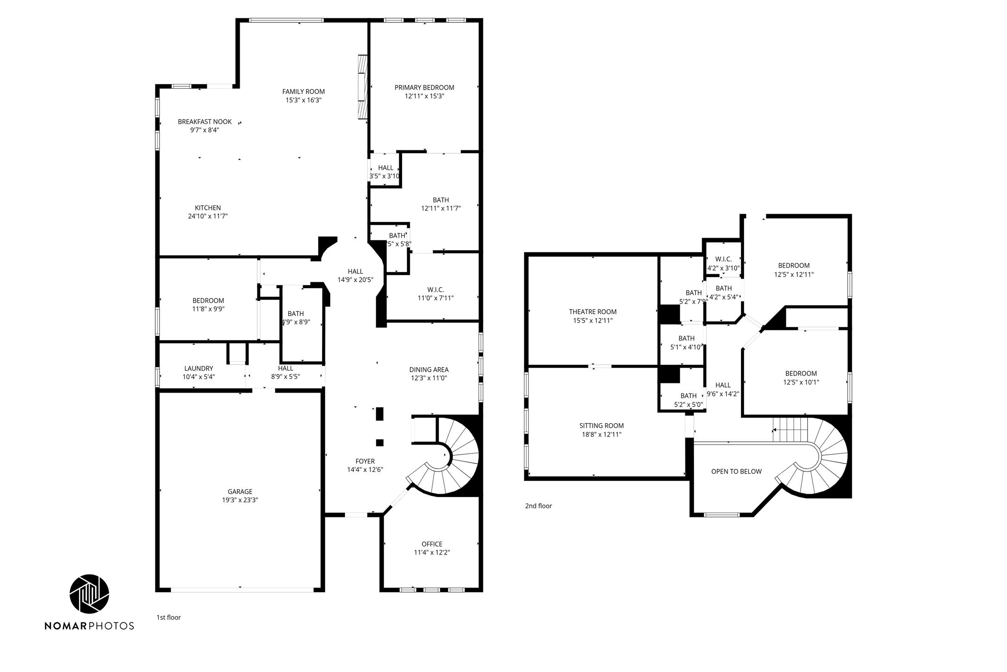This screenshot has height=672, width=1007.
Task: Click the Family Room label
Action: click(303, 91)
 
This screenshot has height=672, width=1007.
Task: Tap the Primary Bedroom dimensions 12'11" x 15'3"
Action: click(424, 96)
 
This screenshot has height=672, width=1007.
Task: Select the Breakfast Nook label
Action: click(204, 122)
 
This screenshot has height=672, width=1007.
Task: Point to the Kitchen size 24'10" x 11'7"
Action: click(208, 216)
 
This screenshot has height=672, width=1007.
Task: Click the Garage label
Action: click(240, 491)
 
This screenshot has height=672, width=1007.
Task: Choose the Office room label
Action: click(432, 544)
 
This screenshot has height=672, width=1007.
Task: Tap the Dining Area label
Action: click(428, 369)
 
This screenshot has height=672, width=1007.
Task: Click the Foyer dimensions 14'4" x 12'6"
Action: click(365, 470)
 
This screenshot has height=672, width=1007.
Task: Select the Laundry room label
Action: click(198, 368)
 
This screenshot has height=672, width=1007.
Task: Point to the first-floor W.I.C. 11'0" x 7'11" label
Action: click(435, 294)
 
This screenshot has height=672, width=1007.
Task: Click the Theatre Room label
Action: click(593, 312)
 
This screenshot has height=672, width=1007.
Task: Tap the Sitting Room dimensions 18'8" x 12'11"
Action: click(601, 434)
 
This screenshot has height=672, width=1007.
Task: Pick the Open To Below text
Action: click(736, 472)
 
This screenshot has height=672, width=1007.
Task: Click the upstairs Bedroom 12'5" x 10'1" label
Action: click(801, 378)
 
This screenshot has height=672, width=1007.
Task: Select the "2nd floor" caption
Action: click(538, 506)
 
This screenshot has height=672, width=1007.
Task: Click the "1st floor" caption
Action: click(168, 617)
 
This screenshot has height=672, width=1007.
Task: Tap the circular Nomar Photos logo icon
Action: click(89, 594)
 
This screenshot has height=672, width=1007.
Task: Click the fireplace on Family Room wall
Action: click(362, 87)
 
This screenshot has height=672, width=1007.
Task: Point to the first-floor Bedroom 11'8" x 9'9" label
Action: click(208, 304)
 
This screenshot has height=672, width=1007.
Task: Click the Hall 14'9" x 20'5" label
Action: click(355, 276)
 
